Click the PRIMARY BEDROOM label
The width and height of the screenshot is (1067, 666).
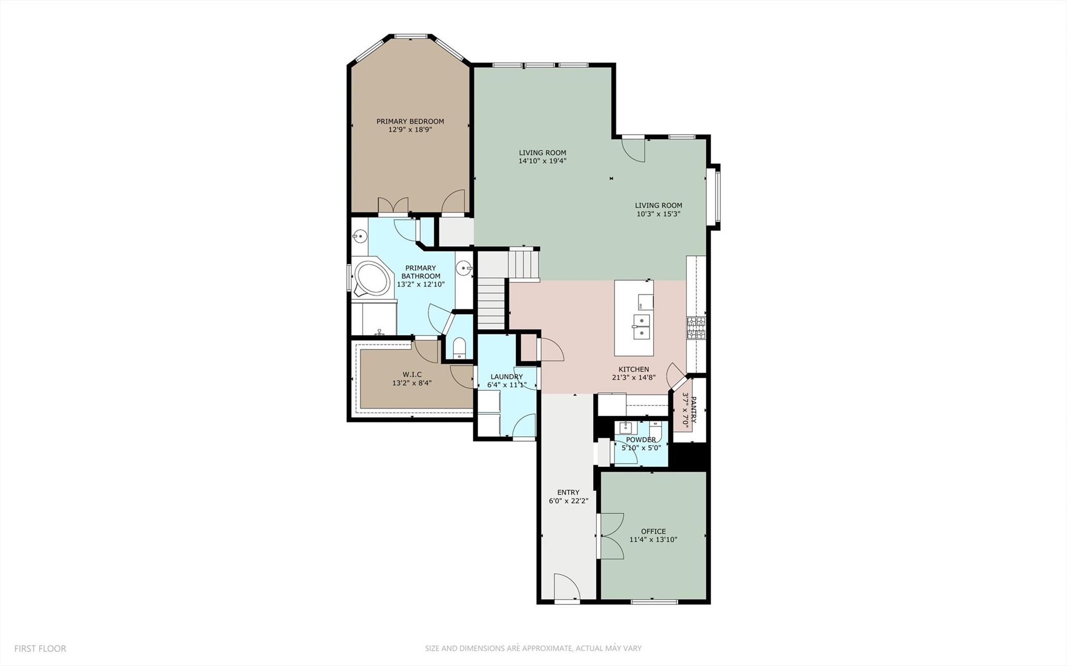410,121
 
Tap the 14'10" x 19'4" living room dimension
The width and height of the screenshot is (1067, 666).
542,161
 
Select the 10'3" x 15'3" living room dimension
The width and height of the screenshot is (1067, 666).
658,214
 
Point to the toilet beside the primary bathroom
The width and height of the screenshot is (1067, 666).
459,348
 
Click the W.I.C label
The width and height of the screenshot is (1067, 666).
412,374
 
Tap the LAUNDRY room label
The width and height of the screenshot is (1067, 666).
507,377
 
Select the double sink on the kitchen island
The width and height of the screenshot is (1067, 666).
642,326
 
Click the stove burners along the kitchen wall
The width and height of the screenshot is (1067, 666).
696,328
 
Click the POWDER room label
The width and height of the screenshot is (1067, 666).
641,439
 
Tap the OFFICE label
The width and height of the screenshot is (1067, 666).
653,532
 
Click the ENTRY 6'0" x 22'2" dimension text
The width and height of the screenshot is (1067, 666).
568,501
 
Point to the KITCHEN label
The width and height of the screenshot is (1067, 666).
633,369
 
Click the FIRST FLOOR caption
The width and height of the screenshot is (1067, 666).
40,649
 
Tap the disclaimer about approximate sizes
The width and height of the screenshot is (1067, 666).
533,648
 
